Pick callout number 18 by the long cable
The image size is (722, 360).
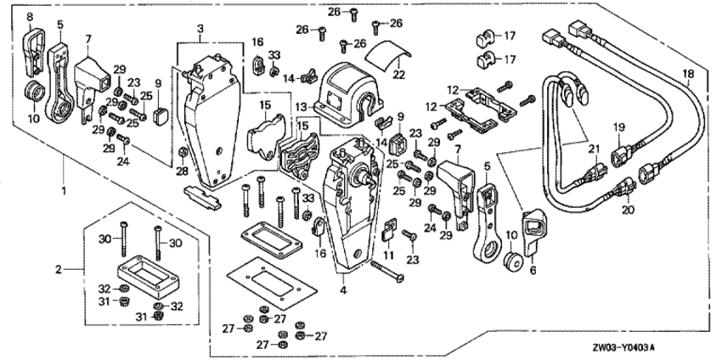[x=689, y=75]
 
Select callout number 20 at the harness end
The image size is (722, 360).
[x=629, y=208]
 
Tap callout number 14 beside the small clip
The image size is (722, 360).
[x=289, y=78]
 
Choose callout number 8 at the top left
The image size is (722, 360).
[x=30, y=16]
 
